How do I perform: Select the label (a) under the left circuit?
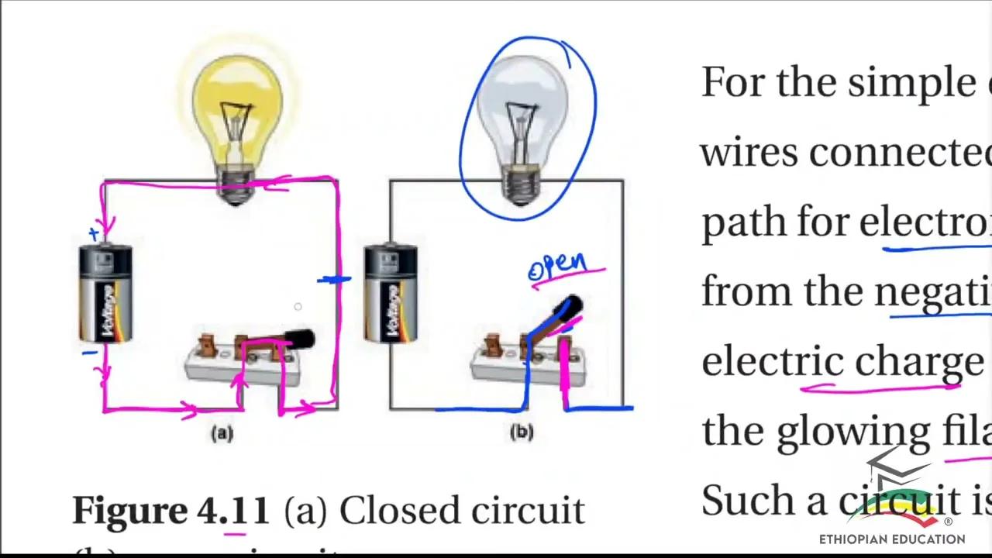[222, 433]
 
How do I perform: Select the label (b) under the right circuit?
[522, 432]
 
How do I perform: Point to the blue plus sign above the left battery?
[95, 232]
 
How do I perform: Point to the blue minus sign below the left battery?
[90, 353]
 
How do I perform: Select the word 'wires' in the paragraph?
[750, 152]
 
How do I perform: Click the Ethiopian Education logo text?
[892, 539]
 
